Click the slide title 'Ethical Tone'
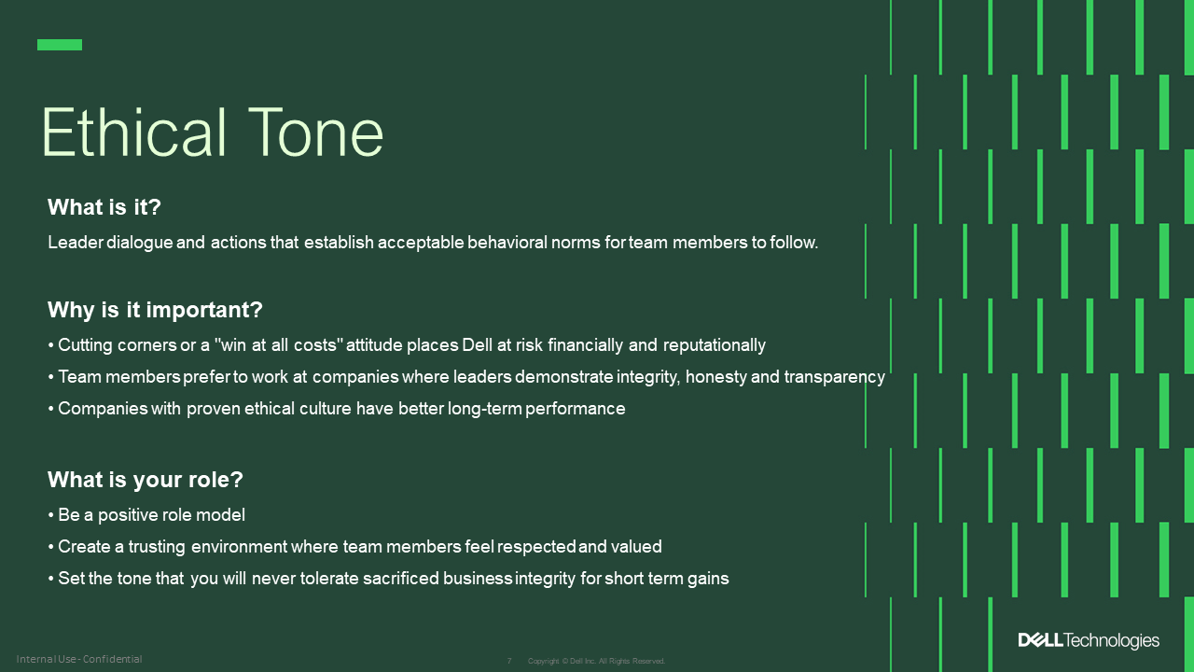[212, 133]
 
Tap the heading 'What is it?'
[104, 207]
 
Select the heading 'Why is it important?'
[155, 310]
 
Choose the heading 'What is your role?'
[145, 480]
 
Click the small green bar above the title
[60, 45]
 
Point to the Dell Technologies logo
[1089, 640]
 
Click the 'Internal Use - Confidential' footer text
[79, 660]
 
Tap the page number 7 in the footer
[509, 661]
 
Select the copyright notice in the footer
[596, 661]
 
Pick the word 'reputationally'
[714, 345]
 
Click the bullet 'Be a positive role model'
[151, 515]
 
